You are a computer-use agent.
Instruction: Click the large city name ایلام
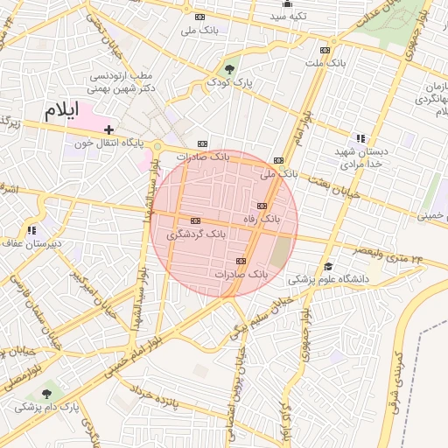tap(61, 111)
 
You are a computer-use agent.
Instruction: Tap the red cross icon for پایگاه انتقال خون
tap(108, 129)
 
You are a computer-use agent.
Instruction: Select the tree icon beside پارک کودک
tap(229, 68)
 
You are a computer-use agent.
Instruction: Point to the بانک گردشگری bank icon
tap(194, 220)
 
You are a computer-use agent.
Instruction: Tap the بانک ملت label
tap(325, 63)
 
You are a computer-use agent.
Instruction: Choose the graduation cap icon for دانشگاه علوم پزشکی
tap(328, 266)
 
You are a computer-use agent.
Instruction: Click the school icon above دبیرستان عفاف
tap(32, 230)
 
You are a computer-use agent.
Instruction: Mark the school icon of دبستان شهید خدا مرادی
tap(360, 138)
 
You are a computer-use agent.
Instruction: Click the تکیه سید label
tap(287, 17)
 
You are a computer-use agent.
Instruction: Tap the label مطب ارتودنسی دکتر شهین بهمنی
tap(123, 83)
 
